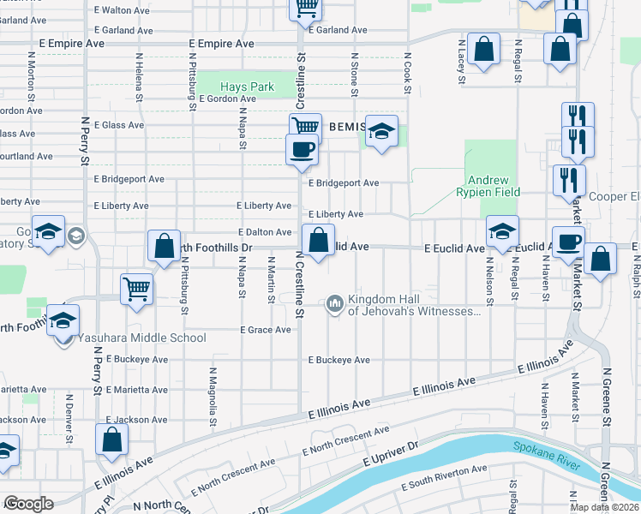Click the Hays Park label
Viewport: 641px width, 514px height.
(247, 87)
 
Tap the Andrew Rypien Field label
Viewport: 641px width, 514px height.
(488, 186)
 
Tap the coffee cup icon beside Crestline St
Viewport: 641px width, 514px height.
(302, 149)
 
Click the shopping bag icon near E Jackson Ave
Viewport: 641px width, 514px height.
(112, 440)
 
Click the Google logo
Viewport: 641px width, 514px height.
(28, 504)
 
